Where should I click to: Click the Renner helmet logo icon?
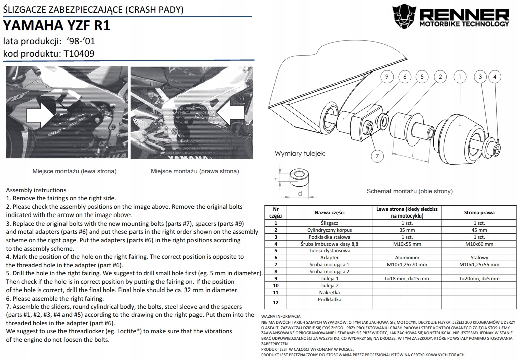coord(406,17)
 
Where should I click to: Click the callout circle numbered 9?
coord(387,77)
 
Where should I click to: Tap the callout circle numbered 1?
coord(459,77)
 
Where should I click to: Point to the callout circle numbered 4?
coord(495,77)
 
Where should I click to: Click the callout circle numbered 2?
coord(440,77)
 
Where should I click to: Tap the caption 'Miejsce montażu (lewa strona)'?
coord(75,171)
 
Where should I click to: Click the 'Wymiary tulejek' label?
coord(299,153)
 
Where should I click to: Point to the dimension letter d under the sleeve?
coord(299,193)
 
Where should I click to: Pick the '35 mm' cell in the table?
coord(407,229)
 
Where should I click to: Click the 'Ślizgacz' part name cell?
coord(330,222)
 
